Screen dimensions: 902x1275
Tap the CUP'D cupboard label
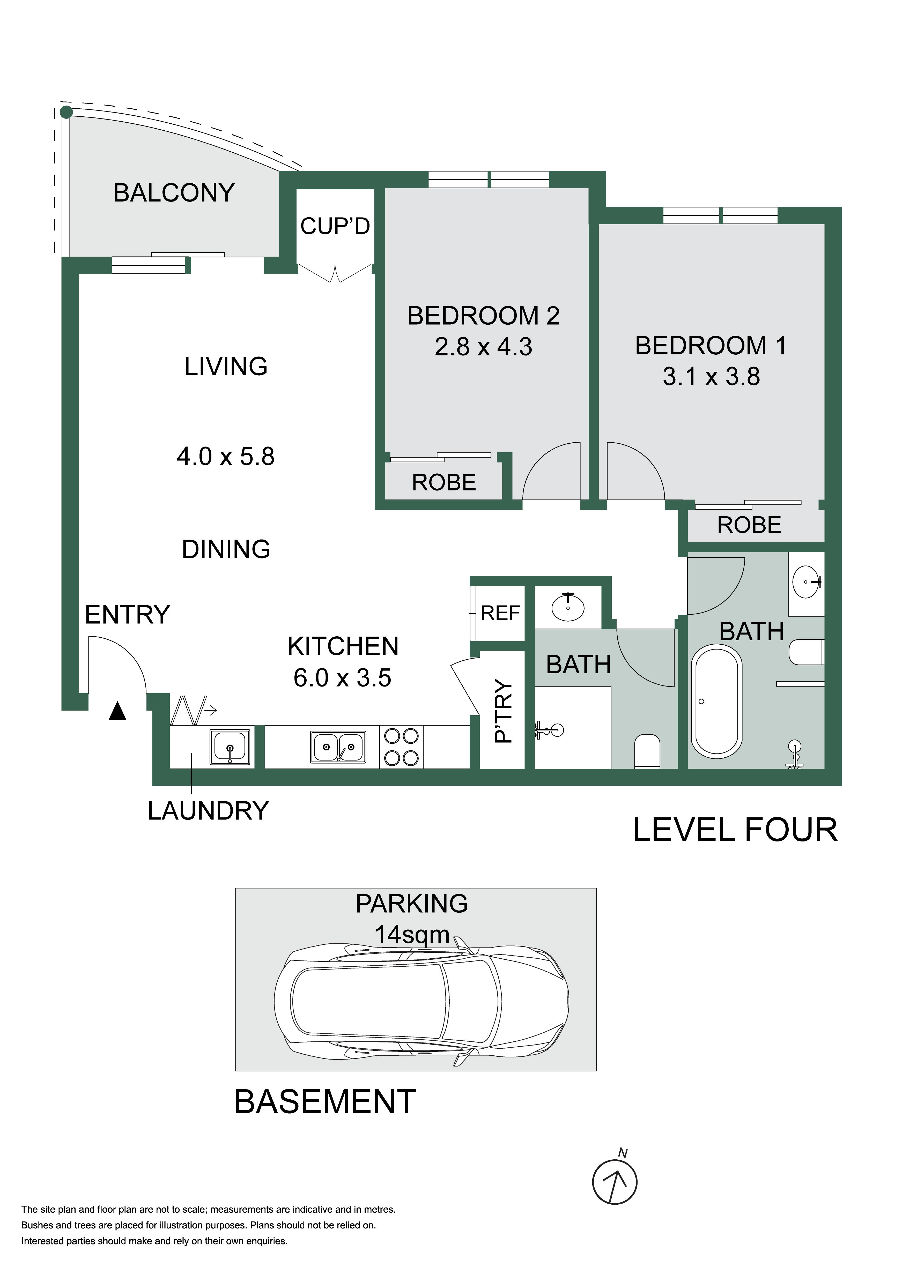335,226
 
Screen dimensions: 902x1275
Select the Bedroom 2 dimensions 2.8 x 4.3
483,347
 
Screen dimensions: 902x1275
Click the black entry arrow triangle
117,711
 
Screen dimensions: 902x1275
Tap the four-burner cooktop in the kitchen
402,747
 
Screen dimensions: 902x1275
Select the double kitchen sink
338,747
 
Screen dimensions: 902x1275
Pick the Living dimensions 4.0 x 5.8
226,457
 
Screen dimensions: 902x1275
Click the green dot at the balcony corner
66,112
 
